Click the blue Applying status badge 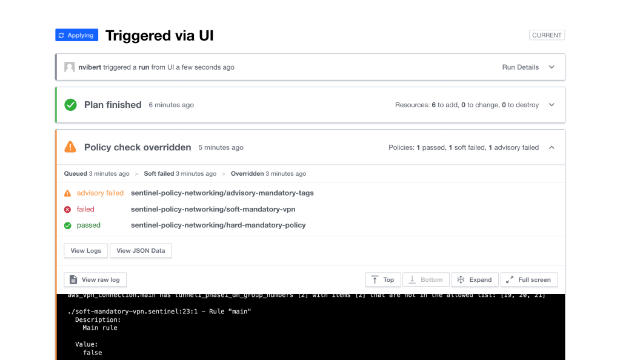coord(76,35)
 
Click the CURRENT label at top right coord(547,35)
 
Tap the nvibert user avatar coord(70,67)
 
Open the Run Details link coord(520,67)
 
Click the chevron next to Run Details coord(552,67)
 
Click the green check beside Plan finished coord(71,105)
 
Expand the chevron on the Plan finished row coord(552,105)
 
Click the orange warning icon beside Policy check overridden coord(71,147)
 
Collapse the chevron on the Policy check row coord(552,147)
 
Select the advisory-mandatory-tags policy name coord(222,193)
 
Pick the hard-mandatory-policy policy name coord(218,225)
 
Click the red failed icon coord(68,210)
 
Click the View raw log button coord(95,279)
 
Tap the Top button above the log coord(382,279)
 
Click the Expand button coord(475,279)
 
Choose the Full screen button coord(529,279)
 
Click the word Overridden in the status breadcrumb coord(247,174)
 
